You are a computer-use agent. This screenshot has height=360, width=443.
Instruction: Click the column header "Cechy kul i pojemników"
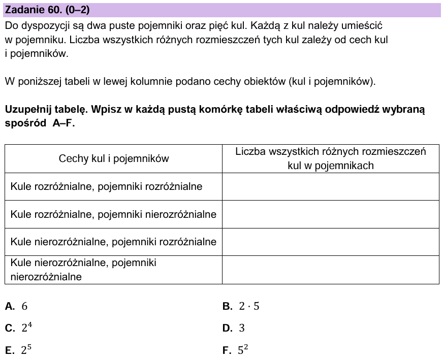(x=114, y=158)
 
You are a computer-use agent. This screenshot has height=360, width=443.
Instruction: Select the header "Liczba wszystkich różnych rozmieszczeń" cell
(x=330, y=158)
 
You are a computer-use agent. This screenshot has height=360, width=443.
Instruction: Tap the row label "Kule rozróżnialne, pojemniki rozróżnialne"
(x=106, y=186)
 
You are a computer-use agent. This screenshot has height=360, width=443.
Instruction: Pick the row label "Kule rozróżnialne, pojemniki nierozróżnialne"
(x=113, y=214)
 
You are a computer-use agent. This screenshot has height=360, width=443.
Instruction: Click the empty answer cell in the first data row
(x=330, y=186)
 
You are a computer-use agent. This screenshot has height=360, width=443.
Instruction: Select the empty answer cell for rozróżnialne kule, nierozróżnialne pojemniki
(x=330, y=214)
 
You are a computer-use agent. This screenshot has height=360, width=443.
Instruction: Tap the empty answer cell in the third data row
(x=330, y=242)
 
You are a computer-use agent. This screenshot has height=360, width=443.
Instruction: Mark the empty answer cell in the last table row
(x=330, y=270)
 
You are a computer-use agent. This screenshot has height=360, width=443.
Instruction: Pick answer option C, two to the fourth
(x=19, y=328)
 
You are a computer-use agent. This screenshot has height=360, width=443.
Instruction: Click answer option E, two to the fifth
(x=19, y=350)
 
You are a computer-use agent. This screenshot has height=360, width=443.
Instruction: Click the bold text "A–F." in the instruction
(x=64, y=123)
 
